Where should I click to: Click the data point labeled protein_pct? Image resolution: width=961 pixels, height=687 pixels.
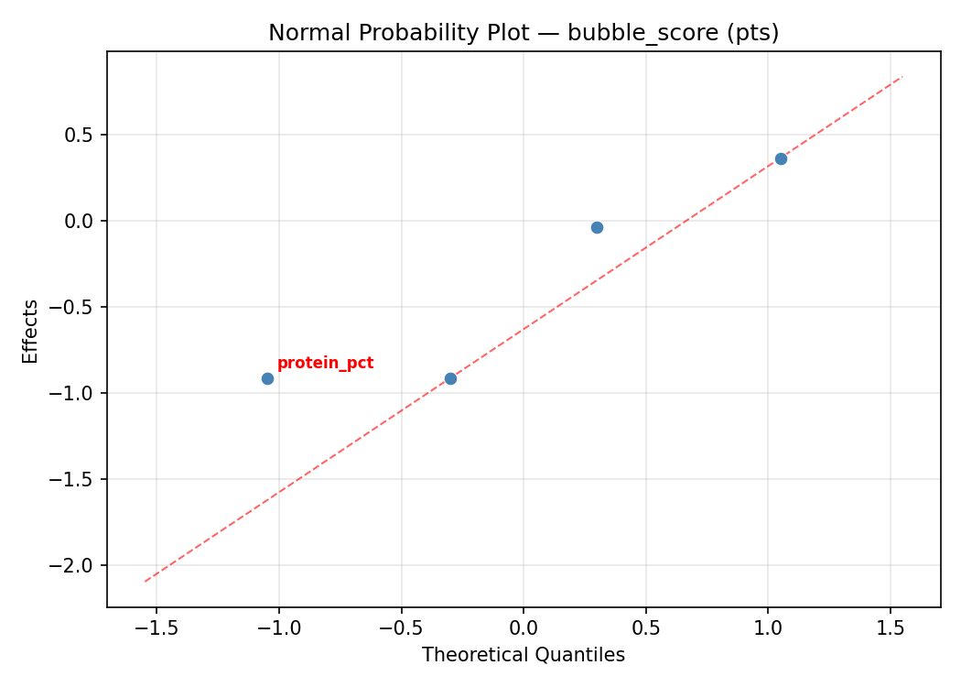tap(267, 378)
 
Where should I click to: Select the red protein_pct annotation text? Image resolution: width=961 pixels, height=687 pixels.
tap(325, 364)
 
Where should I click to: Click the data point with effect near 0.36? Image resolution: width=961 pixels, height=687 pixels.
tap(781, 158)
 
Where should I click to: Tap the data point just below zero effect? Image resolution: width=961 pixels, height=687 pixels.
tap(597, 227)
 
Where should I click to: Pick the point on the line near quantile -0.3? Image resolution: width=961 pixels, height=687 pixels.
tap(450, 378)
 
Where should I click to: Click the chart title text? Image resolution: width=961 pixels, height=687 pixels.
tap(524, 33)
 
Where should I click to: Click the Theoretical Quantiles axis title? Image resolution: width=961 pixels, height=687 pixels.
tap(524, 656)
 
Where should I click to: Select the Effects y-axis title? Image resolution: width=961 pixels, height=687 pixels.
tap(31, 331)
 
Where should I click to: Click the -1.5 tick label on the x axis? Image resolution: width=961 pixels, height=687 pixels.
tap(156, 628)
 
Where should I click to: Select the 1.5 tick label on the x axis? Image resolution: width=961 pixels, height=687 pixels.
tap(891, 628)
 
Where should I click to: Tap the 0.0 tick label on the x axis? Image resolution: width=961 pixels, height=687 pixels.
tap(524, 628)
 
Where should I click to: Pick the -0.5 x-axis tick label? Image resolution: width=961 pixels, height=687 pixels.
tap(401, 628)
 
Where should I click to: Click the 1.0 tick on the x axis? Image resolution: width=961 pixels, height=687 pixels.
tap(768, 628)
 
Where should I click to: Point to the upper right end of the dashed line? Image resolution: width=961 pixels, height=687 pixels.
tap(902, 77)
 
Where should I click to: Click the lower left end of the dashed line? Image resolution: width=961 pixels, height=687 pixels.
tap(145, 581)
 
